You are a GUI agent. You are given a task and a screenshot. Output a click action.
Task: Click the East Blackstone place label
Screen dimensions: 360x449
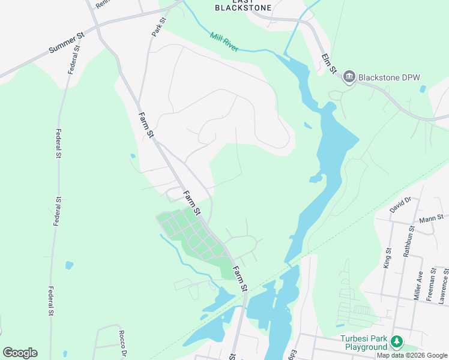[x=243, y=5]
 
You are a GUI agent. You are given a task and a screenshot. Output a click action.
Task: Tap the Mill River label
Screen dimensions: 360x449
[x=224, y=41]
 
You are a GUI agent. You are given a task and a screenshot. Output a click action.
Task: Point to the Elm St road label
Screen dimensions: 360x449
[x=327, y=64]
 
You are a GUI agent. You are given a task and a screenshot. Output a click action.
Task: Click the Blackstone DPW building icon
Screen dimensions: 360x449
[x=349, y=77]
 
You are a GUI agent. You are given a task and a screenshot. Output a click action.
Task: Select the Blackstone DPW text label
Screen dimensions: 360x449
[x=389, y=77]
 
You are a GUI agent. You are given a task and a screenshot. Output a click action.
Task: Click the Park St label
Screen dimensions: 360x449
[x=158, y=27]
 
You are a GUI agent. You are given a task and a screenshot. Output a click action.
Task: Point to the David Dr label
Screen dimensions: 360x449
[x=399, y=206]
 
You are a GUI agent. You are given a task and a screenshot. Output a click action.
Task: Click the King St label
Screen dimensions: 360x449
[x=387, y=258]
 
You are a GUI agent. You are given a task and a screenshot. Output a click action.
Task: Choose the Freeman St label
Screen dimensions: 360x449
[x=431, y=287]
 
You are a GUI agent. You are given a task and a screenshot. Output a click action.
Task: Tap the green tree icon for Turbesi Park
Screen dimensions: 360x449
[x=396, y=342]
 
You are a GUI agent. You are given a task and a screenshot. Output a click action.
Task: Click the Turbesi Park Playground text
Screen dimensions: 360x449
[x=364, y=343]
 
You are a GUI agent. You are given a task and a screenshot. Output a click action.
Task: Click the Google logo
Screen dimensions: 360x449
[x=20, y=353]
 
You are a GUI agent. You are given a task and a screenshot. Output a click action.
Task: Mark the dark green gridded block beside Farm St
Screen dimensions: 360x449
[x=189, y=235]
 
